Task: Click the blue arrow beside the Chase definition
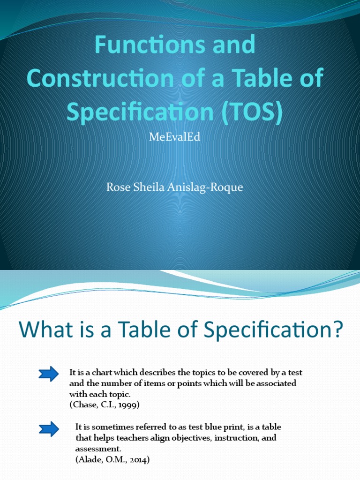49,374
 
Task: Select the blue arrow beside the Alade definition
49,428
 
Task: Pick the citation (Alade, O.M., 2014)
112,460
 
